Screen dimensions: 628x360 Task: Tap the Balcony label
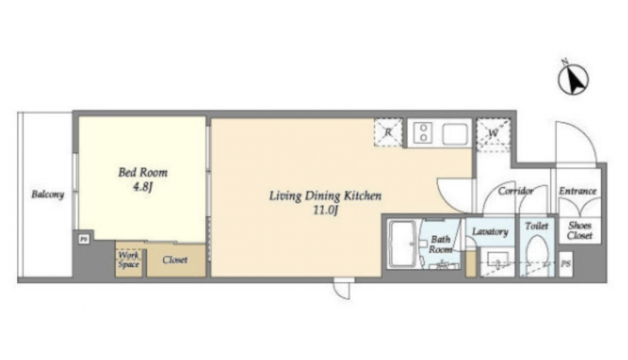(48, 195)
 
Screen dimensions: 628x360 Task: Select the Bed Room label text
(143, 172)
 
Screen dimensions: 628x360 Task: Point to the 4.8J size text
(143, 187)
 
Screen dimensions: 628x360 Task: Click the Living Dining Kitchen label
(325, 196)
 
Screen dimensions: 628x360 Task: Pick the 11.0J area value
(325, 210)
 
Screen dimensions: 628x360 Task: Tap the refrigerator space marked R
(388, 132)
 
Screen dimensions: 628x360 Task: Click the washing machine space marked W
(493, 134)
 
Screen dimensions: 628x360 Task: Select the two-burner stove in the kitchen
(423, 132)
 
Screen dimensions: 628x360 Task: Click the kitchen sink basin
(455, 134)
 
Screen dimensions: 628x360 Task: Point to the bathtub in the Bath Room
(403, 243)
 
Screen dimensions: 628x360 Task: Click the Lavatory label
(490, 231)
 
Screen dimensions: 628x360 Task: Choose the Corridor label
(516, 191)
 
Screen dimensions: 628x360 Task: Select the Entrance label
(578, 191)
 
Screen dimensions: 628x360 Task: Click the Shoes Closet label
(579, 231)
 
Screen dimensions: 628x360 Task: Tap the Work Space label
(129, 259)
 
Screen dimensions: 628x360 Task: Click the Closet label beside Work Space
(175, 260)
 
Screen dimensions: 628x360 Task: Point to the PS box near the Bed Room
(83, 239)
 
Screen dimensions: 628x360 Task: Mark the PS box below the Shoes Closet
(565, 264)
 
